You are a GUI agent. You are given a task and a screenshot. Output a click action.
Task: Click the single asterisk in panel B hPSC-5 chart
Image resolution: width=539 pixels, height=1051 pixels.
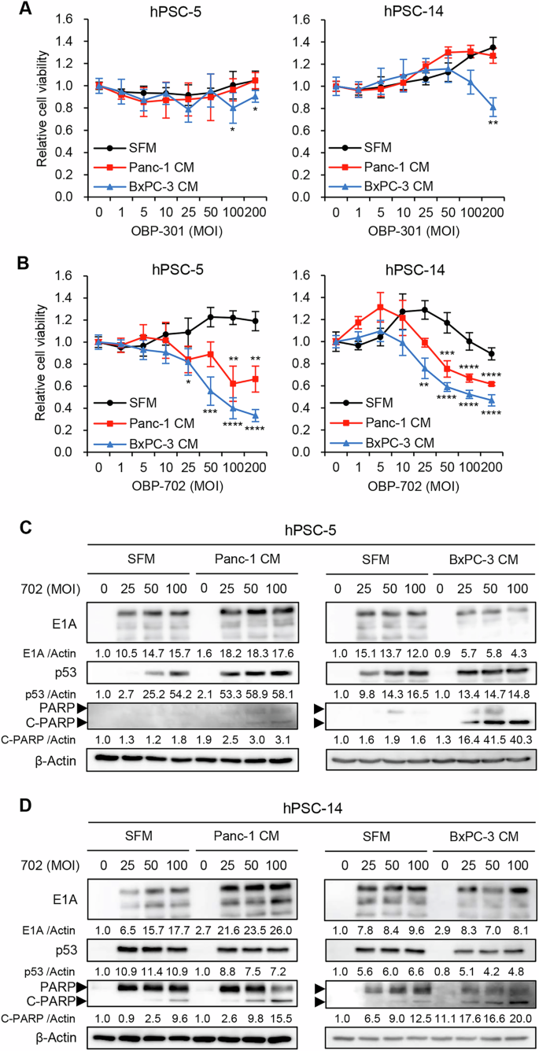point(189,383)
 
